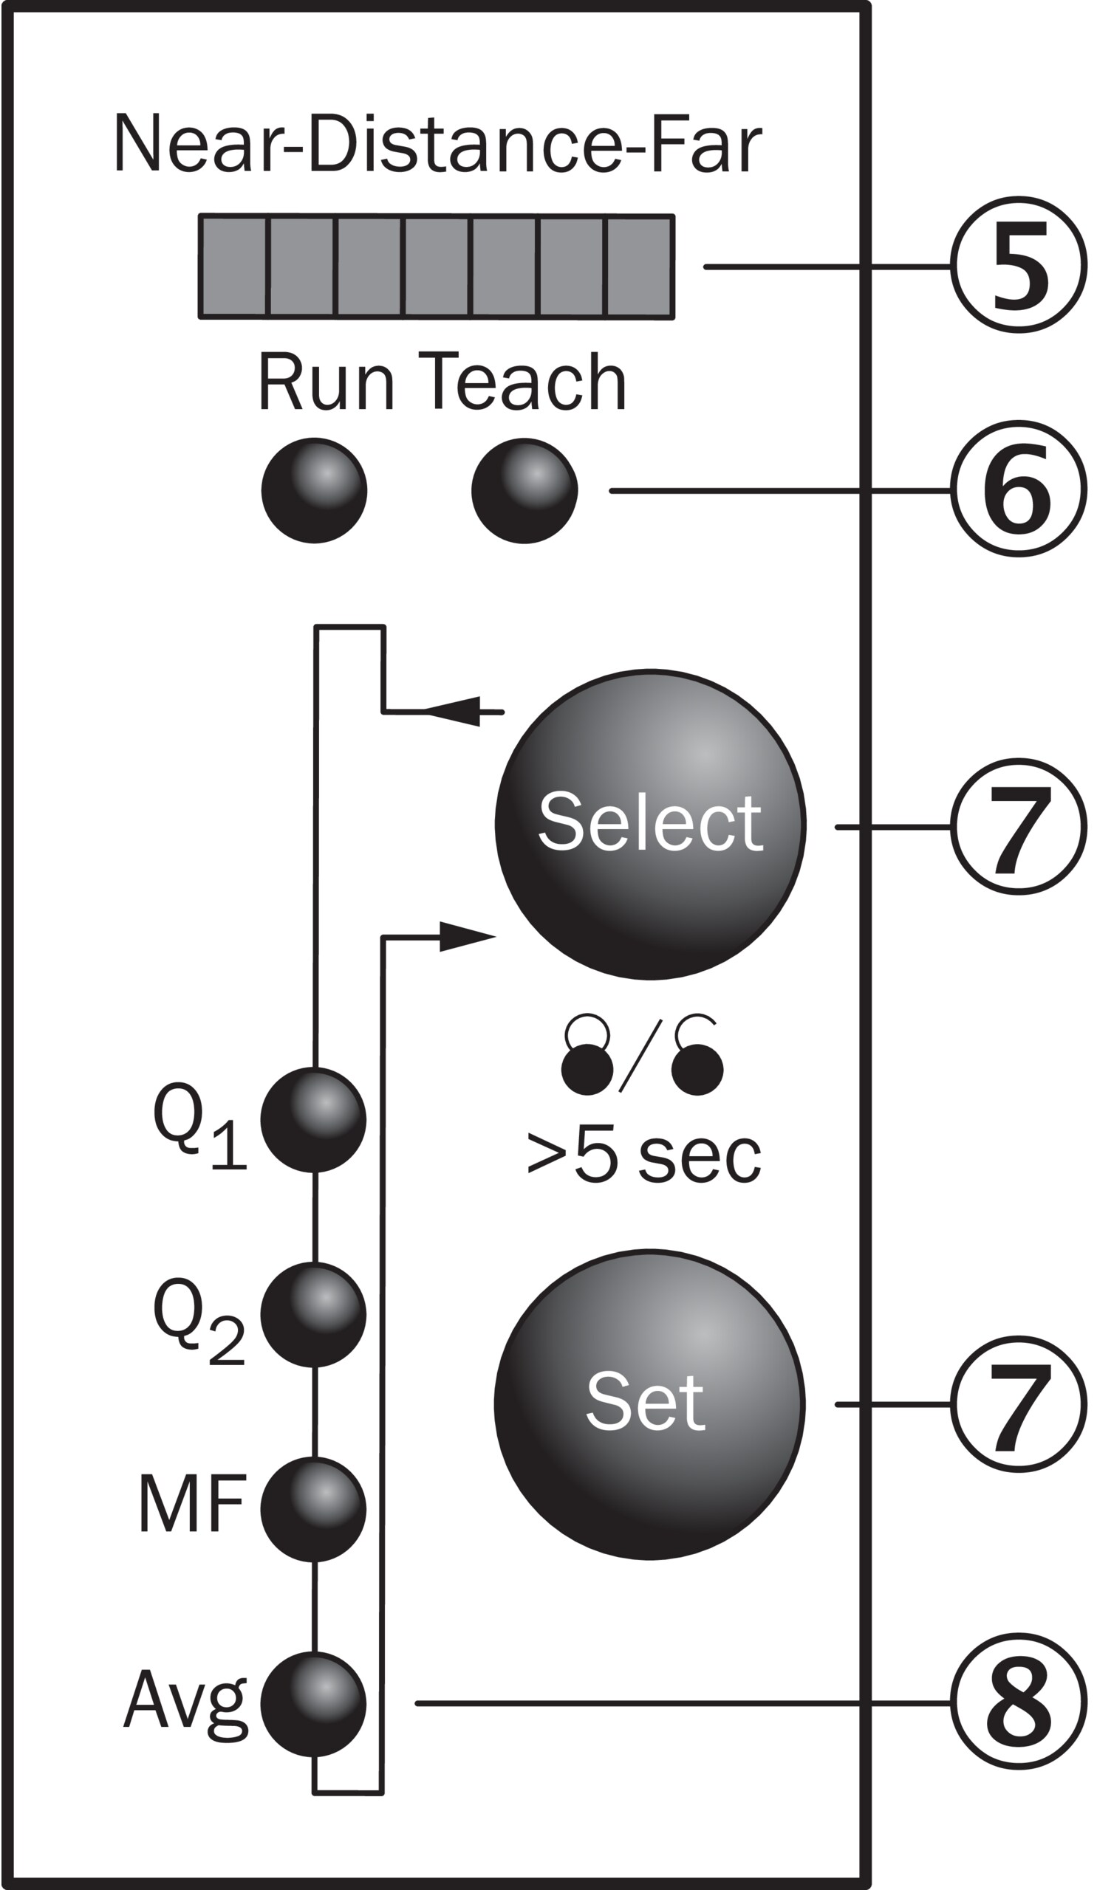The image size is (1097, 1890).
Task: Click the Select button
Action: [650, 824]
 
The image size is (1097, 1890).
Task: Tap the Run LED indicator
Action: [314, 490]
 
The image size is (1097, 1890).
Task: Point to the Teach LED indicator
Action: [524, 490]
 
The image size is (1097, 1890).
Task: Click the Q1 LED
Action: [314, 1120]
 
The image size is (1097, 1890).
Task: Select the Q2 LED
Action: [314, 1315]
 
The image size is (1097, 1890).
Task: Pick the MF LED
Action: [314, 1510]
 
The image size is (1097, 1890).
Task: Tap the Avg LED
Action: [314, 1705]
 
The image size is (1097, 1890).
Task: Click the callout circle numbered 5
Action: [1018, 265]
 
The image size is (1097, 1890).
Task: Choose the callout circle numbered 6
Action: [1018, 488]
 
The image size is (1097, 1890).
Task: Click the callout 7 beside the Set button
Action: [1018, 1404]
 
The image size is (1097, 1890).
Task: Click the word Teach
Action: [522, 382]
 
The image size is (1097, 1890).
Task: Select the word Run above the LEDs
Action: [326, 382]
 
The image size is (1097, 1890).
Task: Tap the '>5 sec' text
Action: [643, 1156]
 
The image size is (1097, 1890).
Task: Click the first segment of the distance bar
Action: [233, 267]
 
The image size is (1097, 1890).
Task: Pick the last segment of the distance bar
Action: [638, 267]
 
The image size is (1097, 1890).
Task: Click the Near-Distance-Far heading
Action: [437, 144]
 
